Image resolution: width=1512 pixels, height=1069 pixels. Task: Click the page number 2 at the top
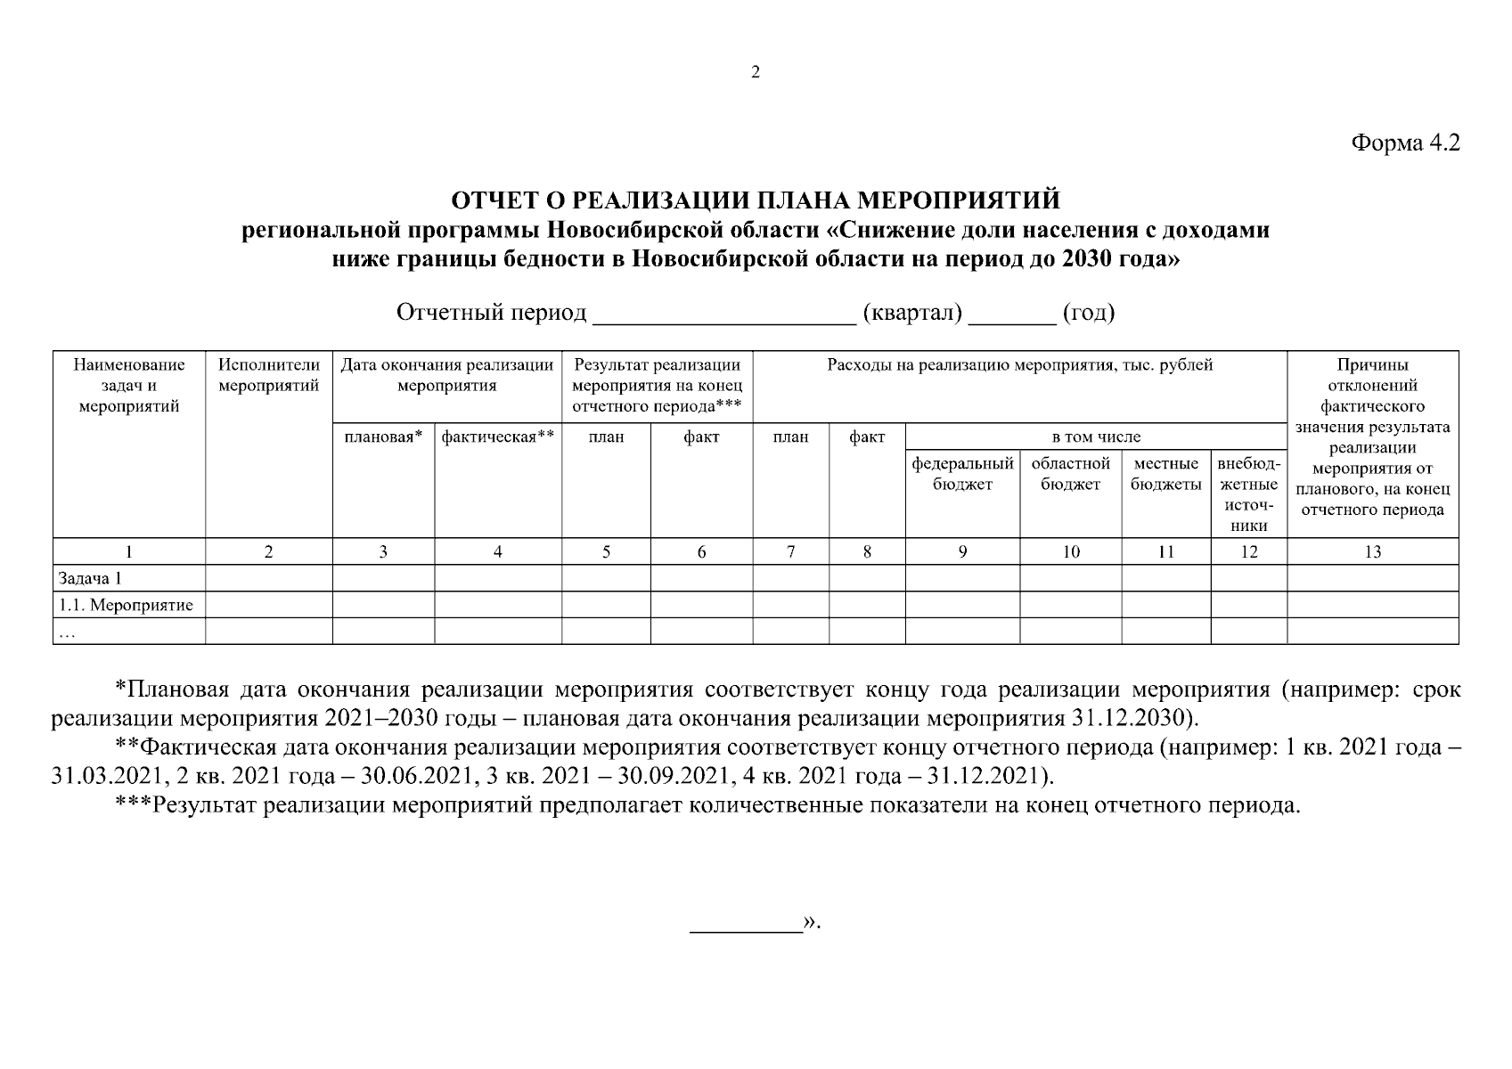(x=756, y=73)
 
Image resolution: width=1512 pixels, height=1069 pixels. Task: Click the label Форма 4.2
(x=1406, y=143)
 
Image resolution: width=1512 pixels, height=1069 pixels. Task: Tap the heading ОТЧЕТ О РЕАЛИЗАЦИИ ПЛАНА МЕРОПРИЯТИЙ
(x=756, y=199)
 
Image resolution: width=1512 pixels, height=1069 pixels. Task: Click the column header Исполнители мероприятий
(x=268, y=376)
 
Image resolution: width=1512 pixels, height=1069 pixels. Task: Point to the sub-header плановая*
(x=382, y=437)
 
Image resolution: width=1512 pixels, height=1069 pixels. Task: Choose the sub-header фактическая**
(x=497, y=437)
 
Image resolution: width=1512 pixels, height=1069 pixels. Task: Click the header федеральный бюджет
(x=962, y=474)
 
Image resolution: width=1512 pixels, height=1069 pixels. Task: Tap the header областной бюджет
(x=1070, y=474)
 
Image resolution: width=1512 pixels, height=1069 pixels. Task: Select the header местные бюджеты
(x=1165, y=474)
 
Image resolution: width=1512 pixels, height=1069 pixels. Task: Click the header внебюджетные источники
(x=1248, y=494)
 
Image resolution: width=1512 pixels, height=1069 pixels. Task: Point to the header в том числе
(x=1095, y=437)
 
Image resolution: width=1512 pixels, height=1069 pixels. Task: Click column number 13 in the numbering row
(x=1372, y=552)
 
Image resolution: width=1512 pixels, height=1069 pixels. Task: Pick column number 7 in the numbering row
(x=790, y=552)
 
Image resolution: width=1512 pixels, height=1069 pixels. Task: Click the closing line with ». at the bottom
(x=756, y=923)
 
